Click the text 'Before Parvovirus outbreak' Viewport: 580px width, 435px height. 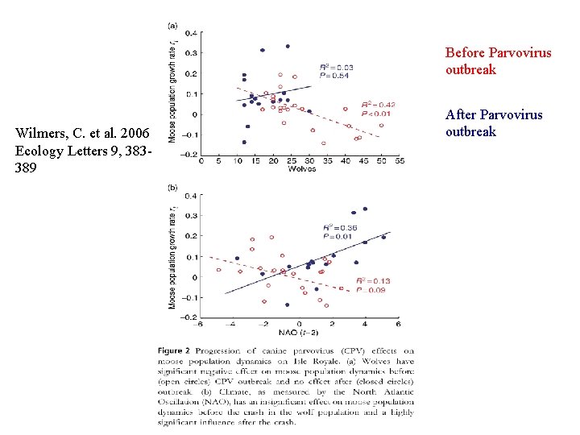(x=498, y=61)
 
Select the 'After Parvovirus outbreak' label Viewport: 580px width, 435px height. (x=494, y=123)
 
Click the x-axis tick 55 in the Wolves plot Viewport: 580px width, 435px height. (x=400, y=160)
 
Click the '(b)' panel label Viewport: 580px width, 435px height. (x=172, y=187)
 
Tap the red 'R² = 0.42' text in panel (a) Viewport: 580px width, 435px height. (x=377, y=105)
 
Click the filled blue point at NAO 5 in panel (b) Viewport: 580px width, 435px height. (x=383, y=237)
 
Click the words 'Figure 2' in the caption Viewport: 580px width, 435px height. (x=175, y=350)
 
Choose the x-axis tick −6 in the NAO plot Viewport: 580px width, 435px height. (x=200, y=324)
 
